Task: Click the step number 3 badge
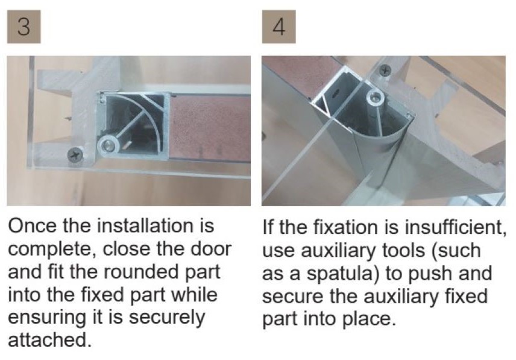[24, 27]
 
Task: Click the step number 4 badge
[278, 27]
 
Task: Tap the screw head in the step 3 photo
[75, 155]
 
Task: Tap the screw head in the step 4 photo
[385, 70]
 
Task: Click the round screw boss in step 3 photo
[108, 145]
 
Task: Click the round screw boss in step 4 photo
[374, 96]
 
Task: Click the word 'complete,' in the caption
[52, 250]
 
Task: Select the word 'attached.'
[49, 341]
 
